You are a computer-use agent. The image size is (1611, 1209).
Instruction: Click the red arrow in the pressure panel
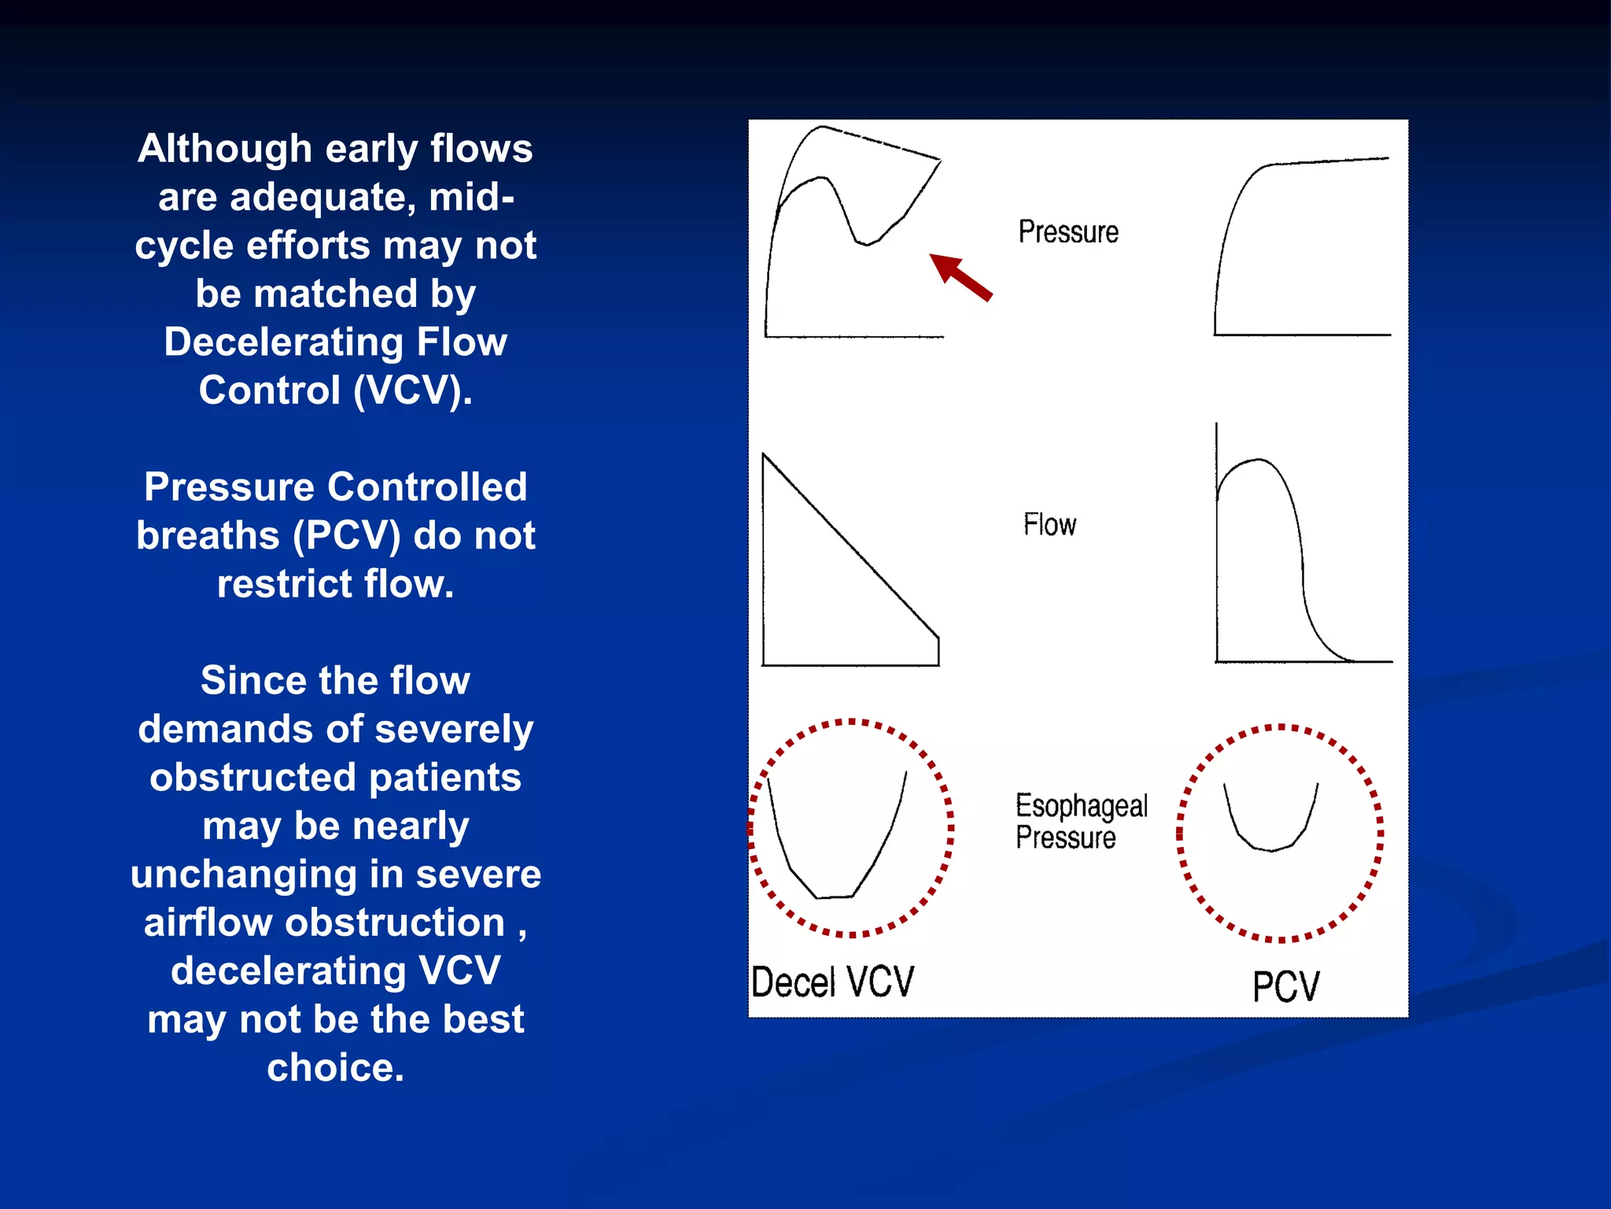click(960, 277)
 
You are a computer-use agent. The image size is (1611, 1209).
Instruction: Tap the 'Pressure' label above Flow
click(1067, 232)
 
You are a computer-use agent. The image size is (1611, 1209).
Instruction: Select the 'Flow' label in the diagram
click(1049, 525)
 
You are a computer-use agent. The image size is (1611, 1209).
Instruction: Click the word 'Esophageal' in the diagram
click(1081, 806)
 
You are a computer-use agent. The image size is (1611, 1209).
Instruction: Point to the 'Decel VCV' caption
click(832, 982)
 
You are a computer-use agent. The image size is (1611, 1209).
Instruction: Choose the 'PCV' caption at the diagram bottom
click(1285, 986)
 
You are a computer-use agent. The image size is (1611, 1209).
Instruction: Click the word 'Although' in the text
click(224, 149)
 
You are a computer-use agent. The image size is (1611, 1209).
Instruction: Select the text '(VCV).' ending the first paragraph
click(413, 390)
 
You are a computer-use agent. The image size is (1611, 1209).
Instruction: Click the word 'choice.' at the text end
click(336, 1068)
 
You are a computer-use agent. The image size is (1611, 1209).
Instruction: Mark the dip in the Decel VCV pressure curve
click(866, 243)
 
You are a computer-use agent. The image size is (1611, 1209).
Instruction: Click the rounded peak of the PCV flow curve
click(1257, 460)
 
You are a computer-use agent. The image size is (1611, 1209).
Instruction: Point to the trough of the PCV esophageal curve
click(1270, 849)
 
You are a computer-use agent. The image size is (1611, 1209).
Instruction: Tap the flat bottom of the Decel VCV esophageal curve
click(835, 897)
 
